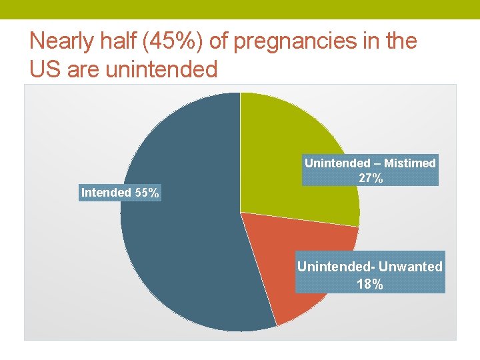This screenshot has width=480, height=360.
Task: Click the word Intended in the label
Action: point(106,193)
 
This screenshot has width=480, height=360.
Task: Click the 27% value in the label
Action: point(370,178)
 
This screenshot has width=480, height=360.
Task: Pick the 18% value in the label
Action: point(370,284)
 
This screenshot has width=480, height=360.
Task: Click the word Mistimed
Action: point(410,163)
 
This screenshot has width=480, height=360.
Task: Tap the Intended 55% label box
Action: point(120,193)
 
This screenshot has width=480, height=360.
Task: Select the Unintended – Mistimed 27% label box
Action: point(370,171)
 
